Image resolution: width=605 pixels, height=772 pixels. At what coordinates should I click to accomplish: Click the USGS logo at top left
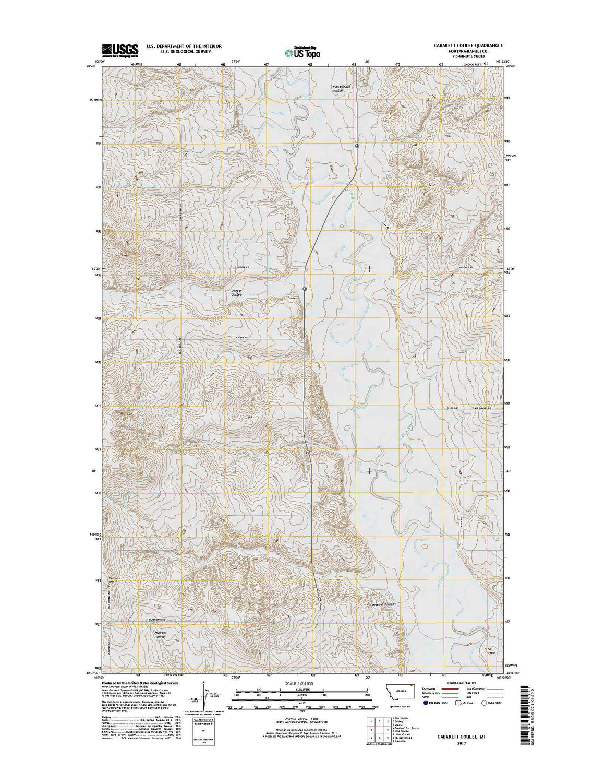(120, 50)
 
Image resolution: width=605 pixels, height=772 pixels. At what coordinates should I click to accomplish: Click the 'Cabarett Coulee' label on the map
(381, 604)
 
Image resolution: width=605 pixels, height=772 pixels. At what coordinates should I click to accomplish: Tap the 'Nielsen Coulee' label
(160, 635)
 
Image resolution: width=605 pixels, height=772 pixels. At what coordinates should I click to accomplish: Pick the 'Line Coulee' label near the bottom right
(488, 650)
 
